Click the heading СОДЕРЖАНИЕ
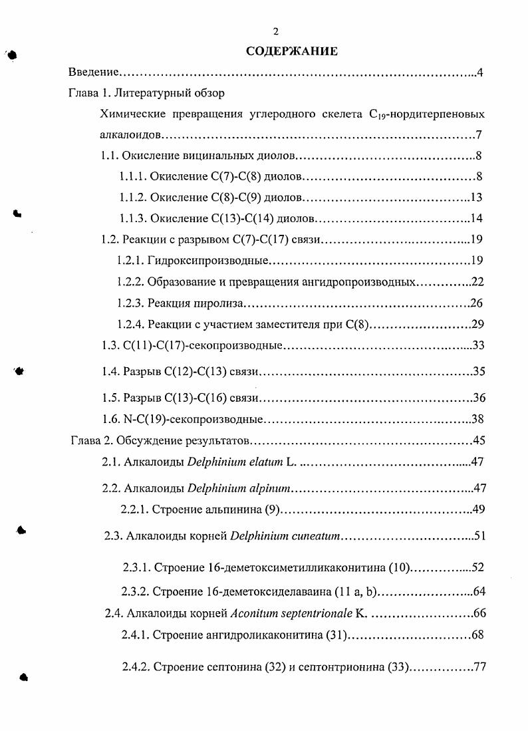click(x=292, y=51)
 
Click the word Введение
click(x=94, y=73)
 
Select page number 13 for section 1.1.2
click(x=476, y=198)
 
